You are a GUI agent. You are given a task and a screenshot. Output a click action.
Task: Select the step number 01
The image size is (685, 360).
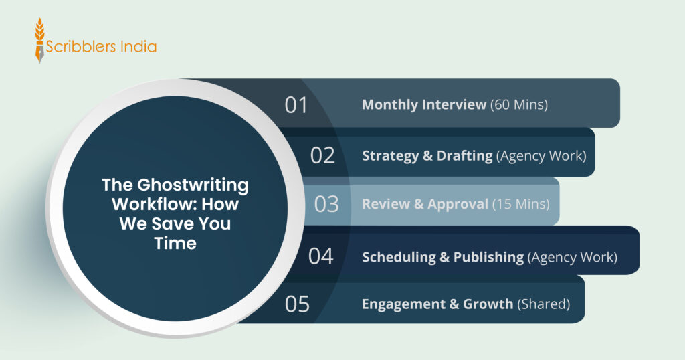[x=296, y=106]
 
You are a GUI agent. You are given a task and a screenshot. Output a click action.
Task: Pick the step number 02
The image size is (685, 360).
[x=322, y=155]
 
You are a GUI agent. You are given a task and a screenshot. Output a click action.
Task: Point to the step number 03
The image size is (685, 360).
[x=326, y=204]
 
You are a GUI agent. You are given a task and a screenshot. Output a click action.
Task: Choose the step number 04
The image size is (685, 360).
[x=321, y=256]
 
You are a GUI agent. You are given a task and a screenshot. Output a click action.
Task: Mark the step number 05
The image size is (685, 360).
[x=298, y=304]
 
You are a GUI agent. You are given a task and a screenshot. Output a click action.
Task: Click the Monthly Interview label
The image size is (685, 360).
[x=424, y=105]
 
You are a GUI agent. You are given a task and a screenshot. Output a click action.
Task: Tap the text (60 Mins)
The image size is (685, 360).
[x=519, y=105]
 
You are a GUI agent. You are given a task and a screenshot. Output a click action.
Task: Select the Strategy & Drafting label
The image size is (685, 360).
[x=427, y=155]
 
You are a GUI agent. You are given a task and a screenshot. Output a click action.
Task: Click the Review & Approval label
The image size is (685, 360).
[x=425, y=204]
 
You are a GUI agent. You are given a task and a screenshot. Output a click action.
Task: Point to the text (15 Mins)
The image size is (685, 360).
[x=520, y=204]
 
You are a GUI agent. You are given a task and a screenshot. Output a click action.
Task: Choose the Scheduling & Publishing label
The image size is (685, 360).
[x=443, y=256]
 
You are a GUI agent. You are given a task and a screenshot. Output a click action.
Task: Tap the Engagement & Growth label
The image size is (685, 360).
[x=437, y=304]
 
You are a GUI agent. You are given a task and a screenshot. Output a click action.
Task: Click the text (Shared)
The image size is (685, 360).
[x=543, y=304]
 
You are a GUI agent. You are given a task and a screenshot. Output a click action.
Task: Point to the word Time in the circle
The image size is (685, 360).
[x=175, y=243]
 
